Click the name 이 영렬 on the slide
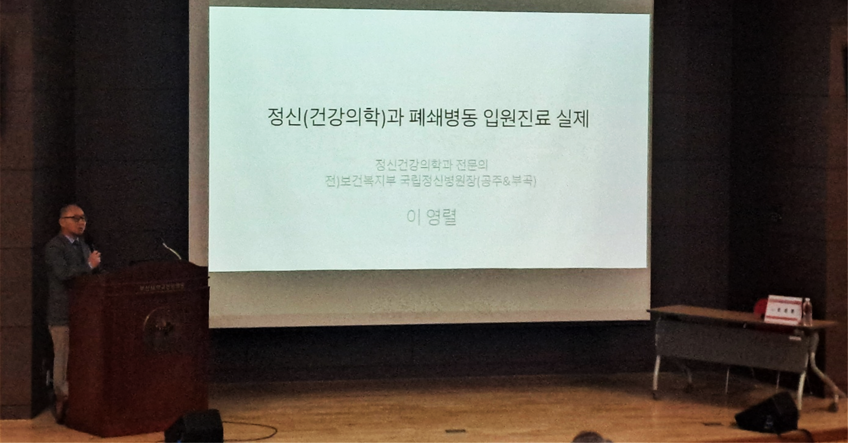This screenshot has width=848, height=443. (x=432, y=217)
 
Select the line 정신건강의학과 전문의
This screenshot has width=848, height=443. (x=432, y=165)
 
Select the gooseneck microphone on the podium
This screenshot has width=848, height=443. (x=171, y=250)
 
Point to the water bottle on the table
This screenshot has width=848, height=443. (x=807, y=312)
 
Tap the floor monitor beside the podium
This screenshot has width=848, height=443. (x=195, y=426)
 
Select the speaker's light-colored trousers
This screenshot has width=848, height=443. (x=60, y=358)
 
